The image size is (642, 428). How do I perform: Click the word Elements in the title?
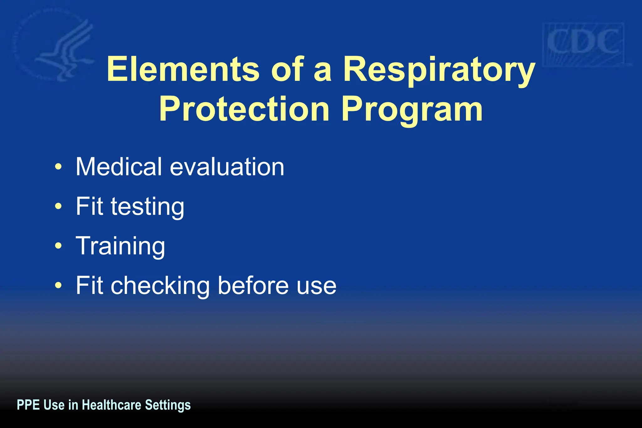[x=183, y=69]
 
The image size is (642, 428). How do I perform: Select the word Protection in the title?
[x=244, y=109]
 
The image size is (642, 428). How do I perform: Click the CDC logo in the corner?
[x=583, y=44]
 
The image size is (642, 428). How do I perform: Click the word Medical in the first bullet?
[x=119, y=166]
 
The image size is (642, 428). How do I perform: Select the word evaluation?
[x=227, y=167]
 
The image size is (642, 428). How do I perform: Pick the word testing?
[x=147, y=207]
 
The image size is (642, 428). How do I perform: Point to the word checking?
[x=160, y=286]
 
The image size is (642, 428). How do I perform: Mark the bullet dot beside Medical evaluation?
[x=58, y=167]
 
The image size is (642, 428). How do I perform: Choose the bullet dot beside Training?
[x=58, y=246]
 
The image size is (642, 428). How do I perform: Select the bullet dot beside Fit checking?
[x=58, y=285]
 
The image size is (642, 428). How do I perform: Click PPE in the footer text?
[x=28, y=405]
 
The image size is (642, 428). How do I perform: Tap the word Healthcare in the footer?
[x=111, y=405]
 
